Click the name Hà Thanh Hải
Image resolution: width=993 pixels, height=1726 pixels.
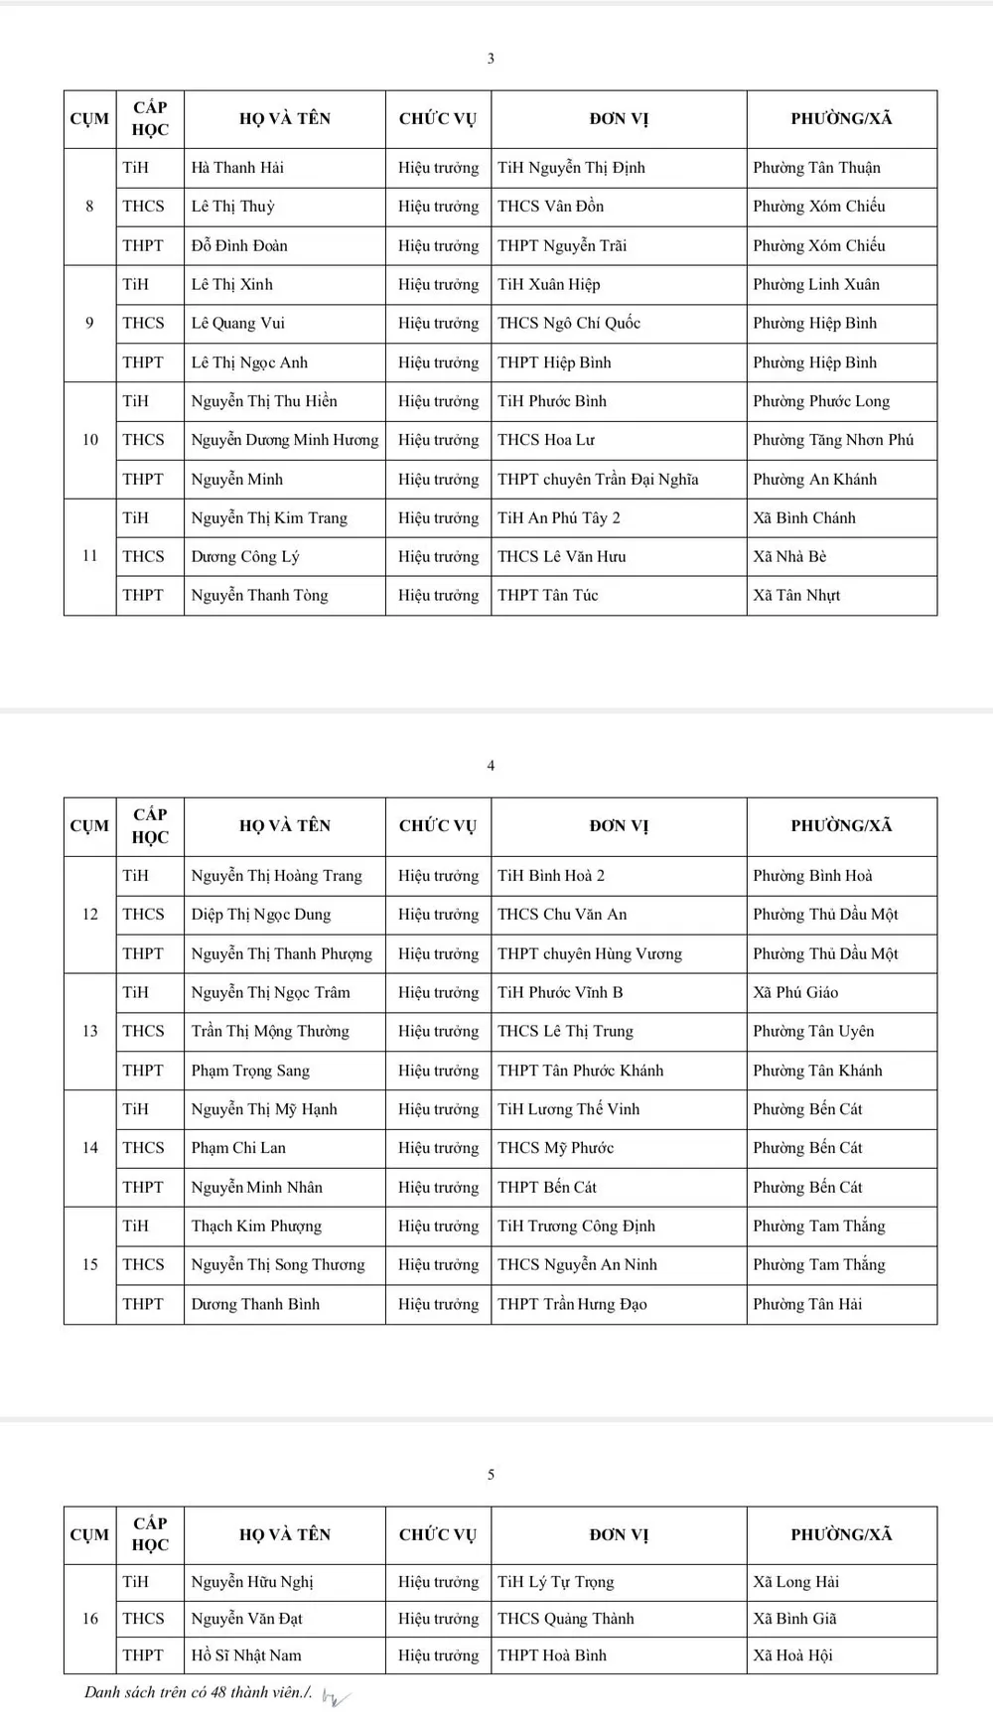[x=237, y=168]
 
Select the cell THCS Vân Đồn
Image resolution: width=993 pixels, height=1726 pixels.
[x=550, y=207]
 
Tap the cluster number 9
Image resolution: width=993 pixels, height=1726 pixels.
[x=89, y=323]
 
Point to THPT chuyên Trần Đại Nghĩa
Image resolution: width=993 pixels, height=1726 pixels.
[x=598, y=480]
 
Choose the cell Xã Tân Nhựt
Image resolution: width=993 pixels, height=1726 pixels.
[x=796, y=596]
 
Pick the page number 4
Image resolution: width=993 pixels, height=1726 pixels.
[x=491, y=766]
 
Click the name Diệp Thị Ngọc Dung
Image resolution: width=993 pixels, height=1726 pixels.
[x=261, y=915]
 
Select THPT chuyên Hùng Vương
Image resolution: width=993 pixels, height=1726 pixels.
[x=590, y=954]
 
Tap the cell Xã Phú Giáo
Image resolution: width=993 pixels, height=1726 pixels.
[x=795, y=992]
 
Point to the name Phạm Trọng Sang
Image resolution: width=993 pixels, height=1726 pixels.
[x=250, y=1071]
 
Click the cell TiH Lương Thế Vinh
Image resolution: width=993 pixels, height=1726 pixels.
[x=568, y=1109]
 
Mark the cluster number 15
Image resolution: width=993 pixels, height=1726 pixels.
[x=89, y=1264]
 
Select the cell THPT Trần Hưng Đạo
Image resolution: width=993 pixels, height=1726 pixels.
[x=572, y=1305]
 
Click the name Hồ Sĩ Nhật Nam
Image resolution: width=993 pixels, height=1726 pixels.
[x=246, y=1655]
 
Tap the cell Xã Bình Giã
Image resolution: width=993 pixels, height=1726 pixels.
[x=794, y=1619]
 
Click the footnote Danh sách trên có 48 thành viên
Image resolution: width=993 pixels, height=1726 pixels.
[x=199, y=1692]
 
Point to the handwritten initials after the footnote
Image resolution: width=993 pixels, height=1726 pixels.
[x=336, y=1697]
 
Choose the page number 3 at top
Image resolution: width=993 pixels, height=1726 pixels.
[x=491, y=59]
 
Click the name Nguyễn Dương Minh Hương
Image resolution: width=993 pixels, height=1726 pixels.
[x=285, y=440]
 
